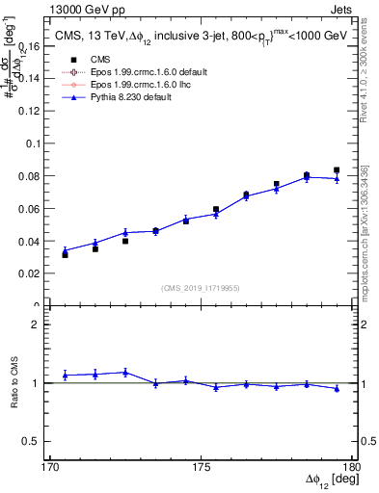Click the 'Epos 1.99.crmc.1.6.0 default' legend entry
coord(135,72)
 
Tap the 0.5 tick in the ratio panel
coord(39,442)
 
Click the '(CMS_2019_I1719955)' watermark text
coord(201,288)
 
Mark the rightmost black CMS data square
coord(337,169)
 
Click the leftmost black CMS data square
coord(65,254)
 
